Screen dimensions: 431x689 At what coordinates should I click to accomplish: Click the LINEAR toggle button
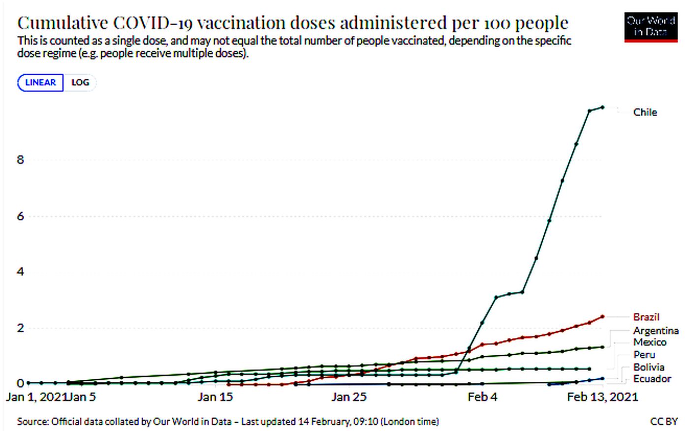click(x=40, y=83)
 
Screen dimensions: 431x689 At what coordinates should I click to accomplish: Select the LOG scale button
click(x=80, y=83)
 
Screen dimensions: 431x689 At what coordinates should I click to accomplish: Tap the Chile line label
click(x=645, y=113)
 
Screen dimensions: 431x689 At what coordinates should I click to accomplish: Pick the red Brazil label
click(x=646, y=317)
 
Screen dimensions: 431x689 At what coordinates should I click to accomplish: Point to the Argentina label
click(x=656, y=331)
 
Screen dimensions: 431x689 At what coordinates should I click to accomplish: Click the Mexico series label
click(x=650, y=342)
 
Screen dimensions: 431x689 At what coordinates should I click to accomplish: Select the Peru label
click(x=644, y=355)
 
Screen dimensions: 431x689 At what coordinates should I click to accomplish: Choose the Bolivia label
click(x=649, y=367)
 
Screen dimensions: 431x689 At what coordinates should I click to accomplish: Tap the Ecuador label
click(x=652, y=379)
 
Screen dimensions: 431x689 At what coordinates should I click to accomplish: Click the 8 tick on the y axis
click(x=20, y=160)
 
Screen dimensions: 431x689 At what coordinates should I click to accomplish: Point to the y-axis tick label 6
click(x=20, y=216)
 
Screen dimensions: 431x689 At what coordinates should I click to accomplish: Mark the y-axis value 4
click(x=20, y=272)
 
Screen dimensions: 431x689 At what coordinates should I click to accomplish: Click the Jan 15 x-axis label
click(x=215, y=397)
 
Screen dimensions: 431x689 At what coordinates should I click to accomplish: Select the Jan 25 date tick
click(x=349, y=397)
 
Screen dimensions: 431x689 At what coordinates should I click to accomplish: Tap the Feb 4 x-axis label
click(x=482, y=397)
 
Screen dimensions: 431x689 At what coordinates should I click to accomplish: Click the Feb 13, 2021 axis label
click(x=602, y=397)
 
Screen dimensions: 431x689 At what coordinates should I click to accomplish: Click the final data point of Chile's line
click(x=602, y=107)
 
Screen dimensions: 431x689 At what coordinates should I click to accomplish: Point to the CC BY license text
click(x=664, y=422)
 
